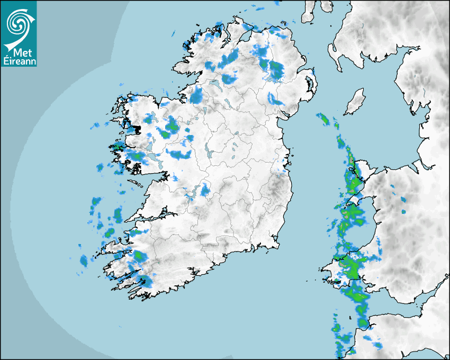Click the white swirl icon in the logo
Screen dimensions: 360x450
[18, 22]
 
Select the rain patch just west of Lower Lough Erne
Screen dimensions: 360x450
[197, 95]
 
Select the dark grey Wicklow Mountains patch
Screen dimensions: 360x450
[275, 185]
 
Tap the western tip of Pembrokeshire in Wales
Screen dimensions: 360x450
[325, 276]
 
